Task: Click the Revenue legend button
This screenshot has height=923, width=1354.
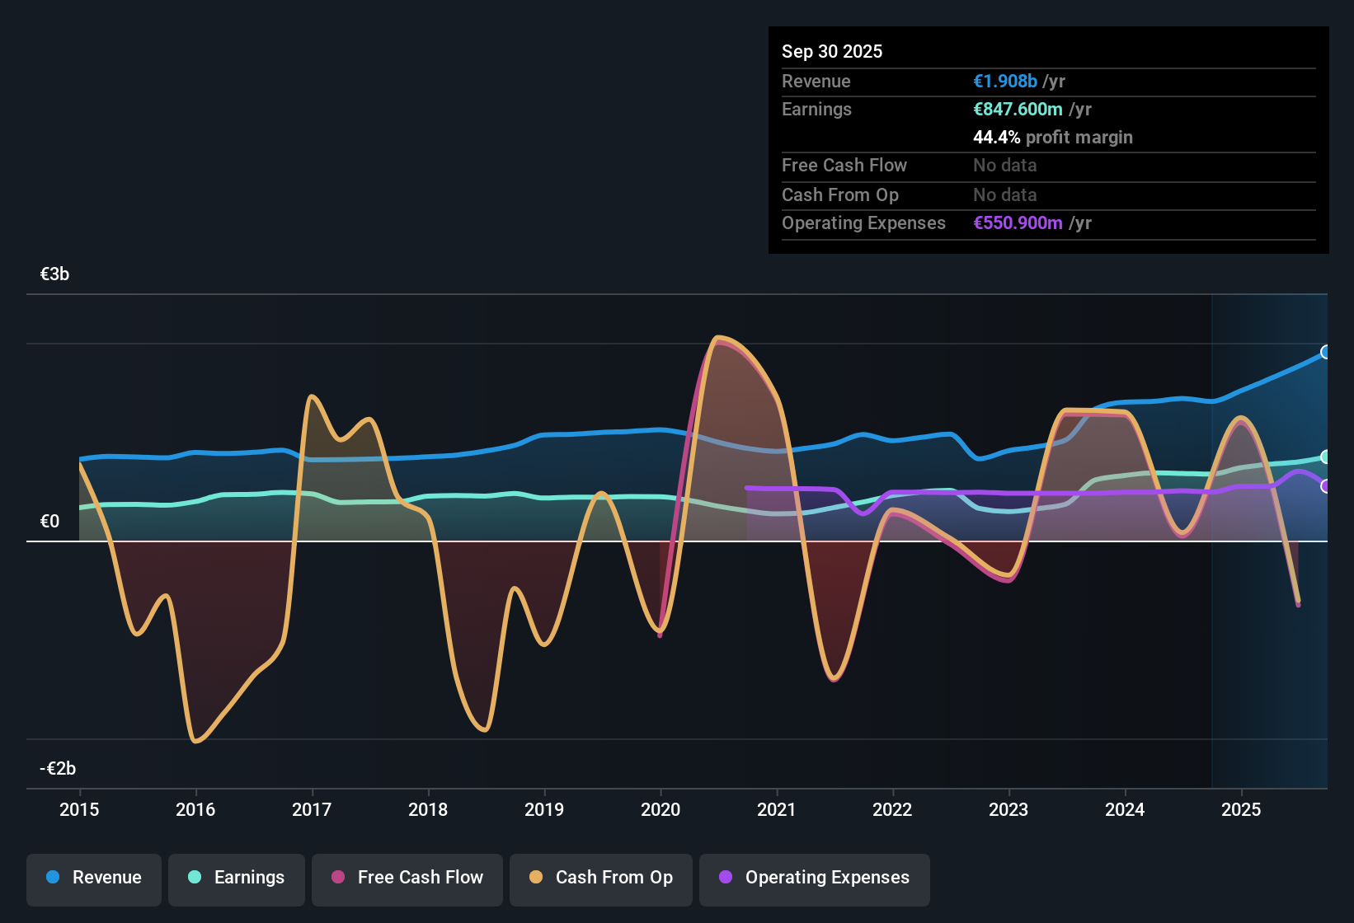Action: click(x=94, y=878)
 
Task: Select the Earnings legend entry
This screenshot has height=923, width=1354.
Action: click(x=237, y=878)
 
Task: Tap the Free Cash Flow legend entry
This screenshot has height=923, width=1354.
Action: click(x=407, y=878)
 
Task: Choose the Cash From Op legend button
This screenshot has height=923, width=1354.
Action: click(x=601, y=878)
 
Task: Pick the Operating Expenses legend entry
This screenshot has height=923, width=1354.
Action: click(x=815, y=878)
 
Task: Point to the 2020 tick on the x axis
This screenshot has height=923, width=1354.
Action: click(x=661, y=809)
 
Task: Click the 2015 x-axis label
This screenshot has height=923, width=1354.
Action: click(x=79, y=809)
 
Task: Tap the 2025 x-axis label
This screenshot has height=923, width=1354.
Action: click(x=1241, y=809)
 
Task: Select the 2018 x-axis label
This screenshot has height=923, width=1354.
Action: click(x=428, y=809)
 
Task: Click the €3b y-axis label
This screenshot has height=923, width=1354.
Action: click(x=54, y=274)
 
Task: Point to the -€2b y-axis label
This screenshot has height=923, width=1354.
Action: click(x=58, y=769)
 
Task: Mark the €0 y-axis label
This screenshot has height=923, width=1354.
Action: click(x=49, y=522)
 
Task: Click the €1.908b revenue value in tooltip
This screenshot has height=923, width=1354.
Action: click(x=1005, y=82)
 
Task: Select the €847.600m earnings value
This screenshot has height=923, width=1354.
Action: click(x=1018, y=110)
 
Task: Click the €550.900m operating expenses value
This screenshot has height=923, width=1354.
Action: click(x=1018, y=223)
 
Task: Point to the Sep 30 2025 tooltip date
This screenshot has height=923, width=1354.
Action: click(x=832, y=51)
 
